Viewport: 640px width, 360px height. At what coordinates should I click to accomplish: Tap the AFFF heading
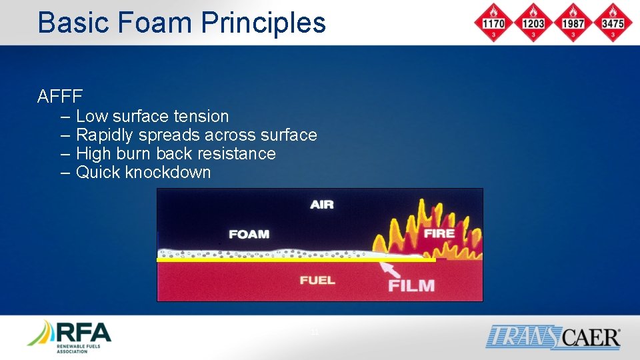60,97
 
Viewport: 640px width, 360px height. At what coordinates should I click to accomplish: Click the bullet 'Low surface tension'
152,116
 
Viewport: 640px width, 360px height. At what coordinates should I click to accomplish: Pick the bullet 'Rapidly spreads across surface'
196,135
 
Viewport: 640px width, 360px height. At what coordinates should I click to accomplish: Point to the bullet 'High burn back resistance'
175,153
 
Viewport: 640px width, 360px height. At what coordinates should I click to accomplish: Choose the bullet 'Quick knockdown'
143,172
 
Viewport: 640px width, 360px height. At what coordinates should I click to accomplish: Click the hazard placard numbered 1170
494,23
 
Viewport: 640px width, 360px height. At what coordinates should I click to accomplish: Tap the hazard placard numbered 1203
533,23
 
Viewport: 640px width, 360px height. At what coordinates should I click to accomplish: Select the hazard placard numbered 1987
573,23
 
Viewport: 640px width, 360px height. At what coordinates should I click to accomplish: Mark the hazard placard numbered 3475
612,23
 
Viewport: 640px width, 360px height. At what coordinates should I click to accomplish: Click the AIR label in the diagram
322,205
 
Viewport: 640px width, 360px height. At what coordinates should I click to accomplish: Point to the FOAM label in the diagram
249,234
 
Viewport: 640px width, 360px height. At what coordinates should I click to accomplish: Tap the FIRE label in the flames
439,233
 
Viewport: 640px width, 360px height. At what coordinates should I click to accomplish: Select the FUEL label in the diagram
317,280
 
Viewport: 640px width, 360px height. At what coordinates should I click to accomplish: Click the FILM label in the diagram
411,286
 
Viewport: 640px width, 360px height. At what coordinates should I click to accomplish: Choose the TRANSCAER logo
553,337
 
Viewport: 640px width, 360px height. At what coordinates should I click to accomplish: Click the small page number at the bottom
315,333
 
